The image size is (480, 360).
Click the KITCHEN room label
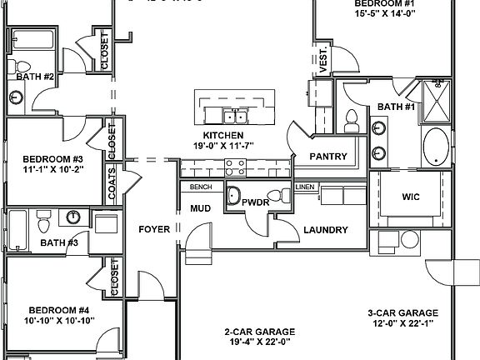223,135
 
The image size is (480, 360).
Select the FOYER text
154,229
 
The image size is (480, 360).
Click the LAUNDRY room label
324,230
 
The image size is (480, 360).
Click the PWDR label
254,202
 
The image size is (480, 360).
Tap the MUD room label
200,208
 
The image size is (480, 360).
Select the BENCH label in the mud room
201,187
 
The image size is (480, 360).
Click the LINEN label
304,187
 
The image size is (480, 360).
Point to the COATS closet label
112,182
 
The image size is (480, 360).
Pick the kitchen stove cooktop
235,171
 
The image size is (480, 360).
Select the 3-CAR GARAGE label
402,313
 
